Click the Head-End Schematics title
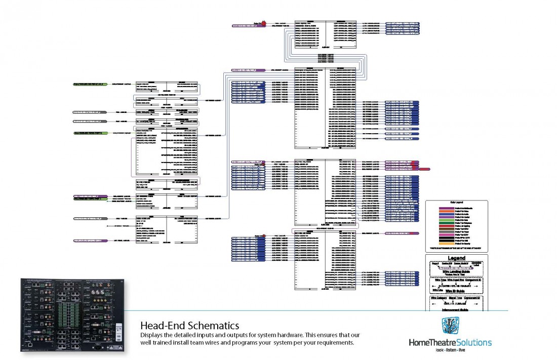[x=189, y=325]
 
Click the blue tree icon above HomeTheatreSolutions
[x=450, y=327]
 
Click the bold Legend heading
[x=457, y=258]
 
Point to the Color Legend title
[x=457, y=203]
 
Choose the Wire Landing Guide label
[x=456, y=271]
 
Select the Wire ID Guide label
[x=456, y=291]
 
